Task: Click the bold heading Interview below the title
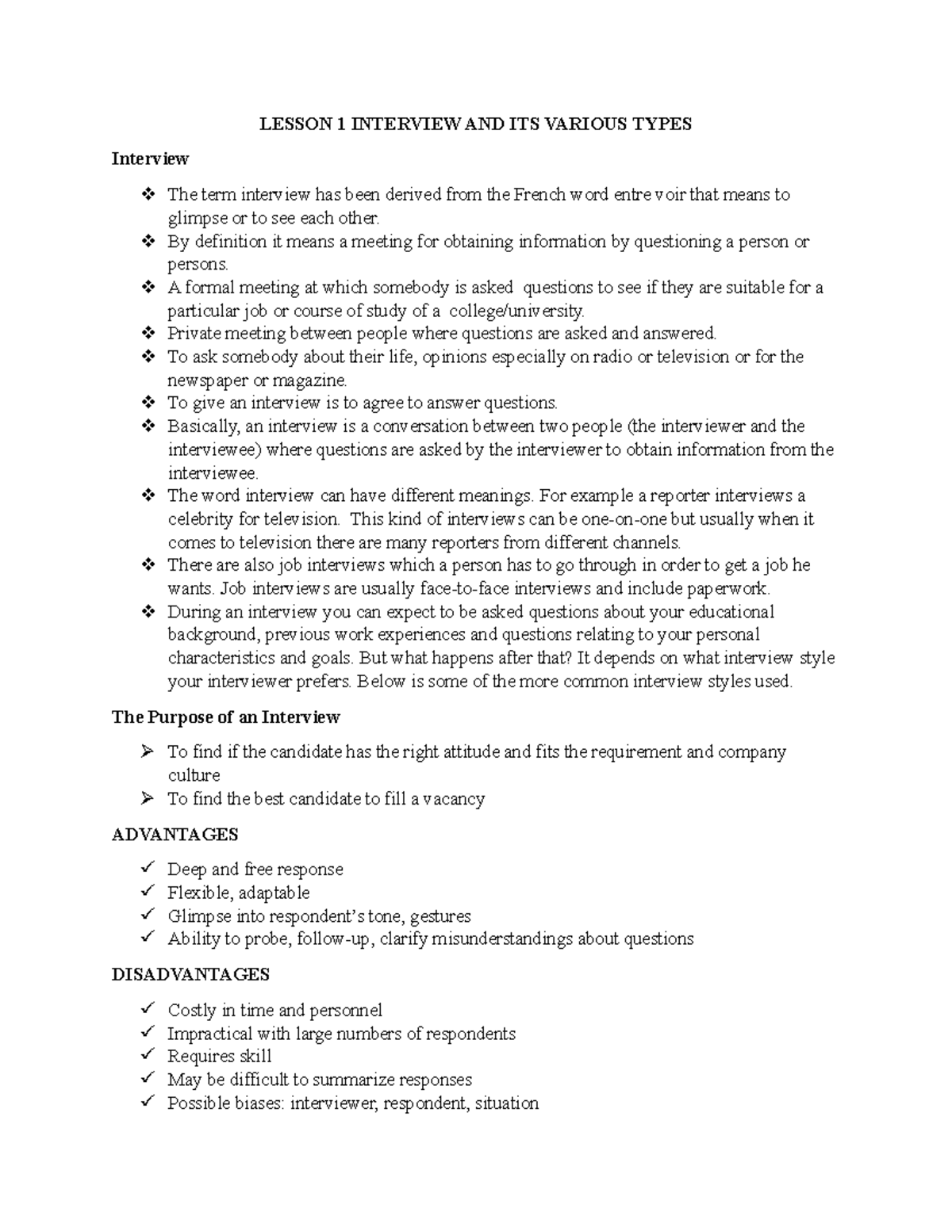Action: [150, 159]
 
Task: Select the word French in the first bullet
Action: [539, 195]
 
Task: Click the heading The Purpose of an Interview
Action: [225, 717]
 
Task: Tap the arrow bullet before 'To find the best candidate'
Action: [147, 799]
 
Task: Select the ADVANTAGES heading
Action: [175, 835]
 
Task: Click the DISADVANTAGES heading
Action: [190, 974]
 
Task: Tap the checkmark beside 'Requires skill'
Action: [147, 1056]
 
